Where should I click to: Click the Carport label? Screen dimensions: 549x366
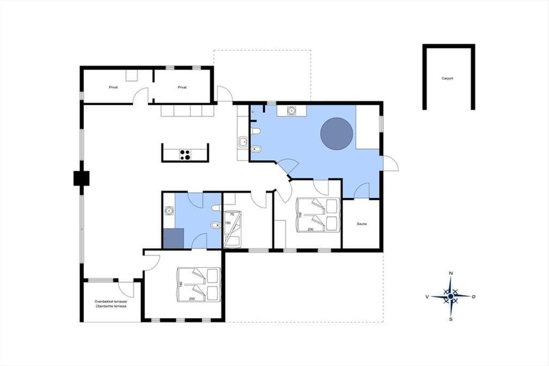pyautogui.click(x=447, y=78)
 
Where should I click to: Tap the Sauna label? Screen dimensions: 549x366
pyautogui.click(x=362, y=224)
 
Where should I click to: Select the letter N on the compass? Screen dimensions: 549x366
pyautogui.click(x=451, y=273)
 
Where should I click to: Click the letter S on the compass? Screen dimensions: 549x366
pyautogui.click(x=451, y=320)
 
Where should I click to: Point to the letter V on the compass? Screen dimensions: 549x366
pyautogui.click(x=427, y=297)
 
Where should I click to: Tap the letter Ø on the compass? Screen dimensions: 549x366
pyautogui.click(x=474, y=296)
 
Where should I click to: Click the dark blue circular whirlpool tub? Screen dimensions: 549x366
pyautogui.click(x=337, y=134)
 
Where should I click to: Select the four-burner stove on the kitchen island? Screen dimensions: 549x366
pyautogui.click(x=185, y=155)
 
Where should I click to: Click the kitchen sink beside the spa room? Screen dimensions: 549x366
pyautogui.click(x=243, y=142)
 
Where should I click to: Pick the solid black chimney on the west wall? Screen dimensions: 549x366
pyautogui.click(x=81, y=178)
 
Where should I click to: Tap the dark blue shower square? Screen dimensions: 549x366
pyautogui.click(x=174, y=238)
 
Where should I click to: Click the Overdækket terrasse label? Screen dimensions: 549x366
pyautogui.click(x=111, y=301)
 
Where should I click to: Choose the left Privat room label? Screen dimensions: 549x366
pyautogui.click(x=113, y=87)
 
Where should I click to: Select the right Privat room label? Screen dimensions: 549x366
pyautogui.click(x=182, y=87)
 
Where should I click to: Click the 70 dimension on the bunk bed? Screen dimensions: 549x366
pyautogui.click(x=232, y=215)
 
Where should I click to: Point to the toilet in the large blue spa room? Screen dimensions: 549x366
pyautogui.click(x=256, y=131)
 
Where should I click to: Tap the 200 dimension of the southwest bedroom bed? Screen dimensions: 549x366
pyautogui.click(x=192, y=299)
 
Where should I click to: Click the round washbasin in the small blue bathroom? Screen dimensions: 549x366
pyautogui.click(x=169, y=210)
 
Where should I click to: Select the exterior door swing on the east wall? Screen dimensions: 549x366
pyautogui.click(x=391, y=163)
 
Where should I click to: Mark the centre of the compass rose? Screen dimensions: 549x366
pyautogui.click(x=451, y=296)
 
